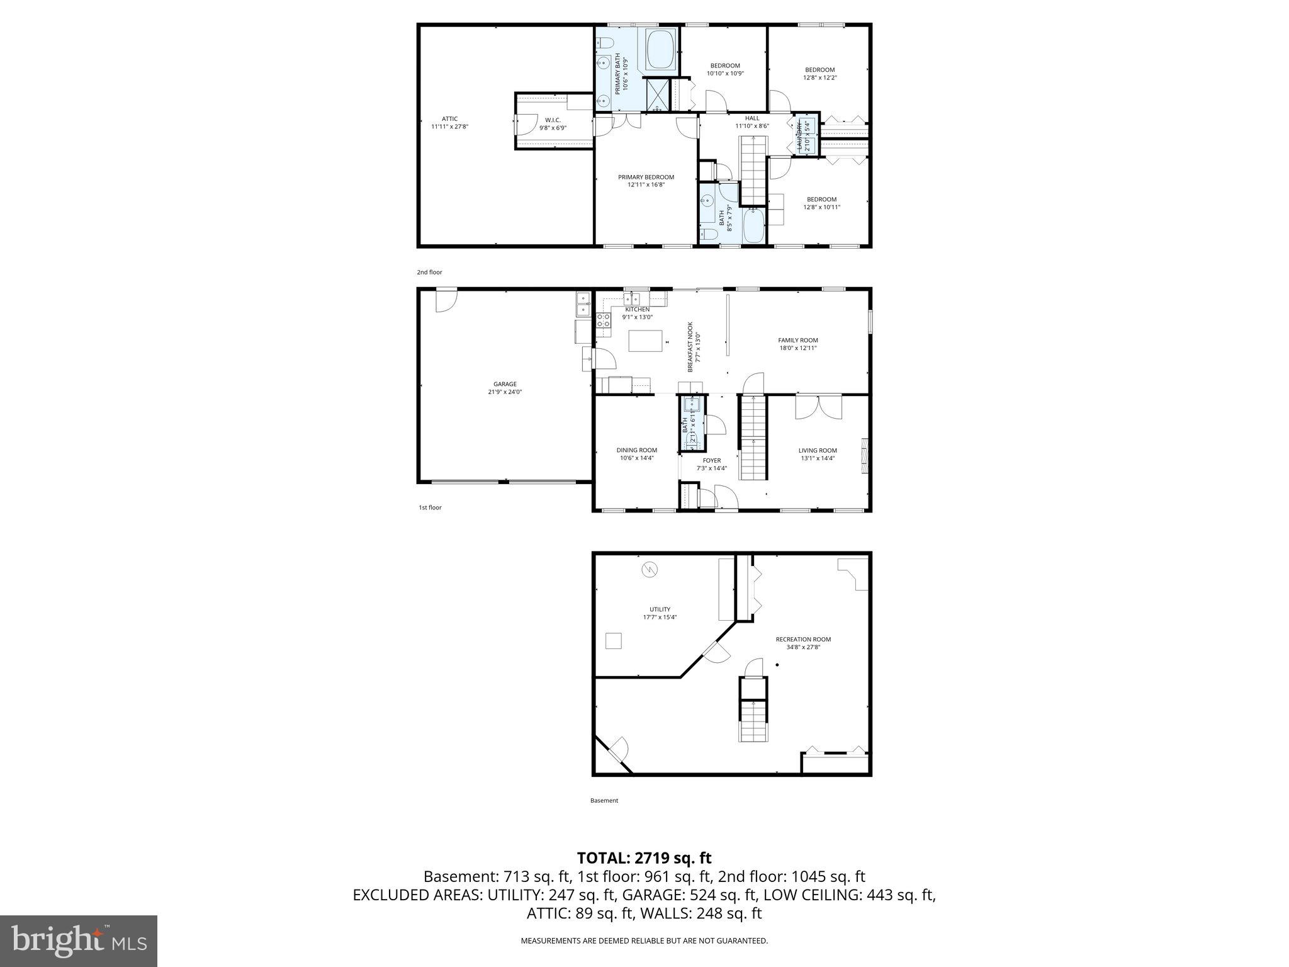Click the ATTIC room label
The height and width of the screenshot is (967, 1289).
pos(449,119)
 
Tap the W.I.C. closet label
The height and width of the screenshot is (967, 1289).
pos(553,120)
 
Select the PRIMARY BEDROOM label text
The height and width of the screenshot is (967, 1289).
pos(646,178)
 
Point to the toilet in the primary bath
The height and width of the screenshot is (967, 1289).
pos(605,43)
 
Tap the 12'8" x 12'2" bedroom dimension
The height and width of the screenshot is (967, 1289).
pos(819,78)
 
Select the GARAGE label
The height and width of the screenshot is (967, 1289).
pos(505,384)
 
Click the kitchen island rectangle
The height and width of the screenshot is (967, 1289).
pos(646,341)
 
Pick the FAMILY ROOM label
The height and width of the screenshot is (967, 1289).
pos(797,341)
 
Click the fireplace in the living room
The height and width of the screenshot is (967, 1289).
pos(865,454)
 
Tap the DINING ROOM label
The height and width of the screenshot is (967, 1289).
pos(636,450)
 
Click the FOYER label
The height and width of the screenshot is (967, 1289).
pos(712,461)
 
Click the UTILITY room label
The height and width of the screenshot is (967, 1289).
pos(660,609)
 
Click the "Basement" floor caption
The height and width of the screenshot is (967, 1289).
pos(604,801)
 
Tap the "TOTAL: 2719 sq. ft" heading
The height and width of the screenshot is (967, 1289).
pos(644,857)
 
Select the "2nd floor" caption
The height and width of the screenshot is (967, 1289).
pos(429,273)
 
